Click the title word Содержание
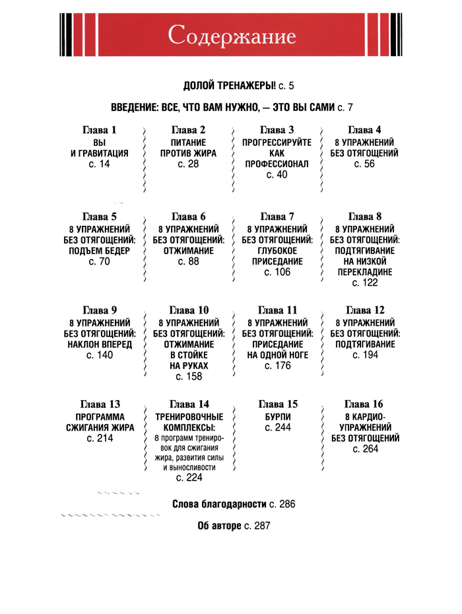[231, 35]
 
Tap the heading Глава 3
[277, 129]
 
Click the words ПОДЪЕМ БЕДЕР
[100, 251]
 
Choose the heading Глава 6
[189, 216]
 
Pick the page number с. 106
[277, 272]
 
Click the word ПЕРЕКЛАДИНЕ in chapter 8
[364, 272]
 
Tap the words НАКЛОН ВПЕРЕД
[100, 344]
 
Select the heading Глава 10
[189, 310]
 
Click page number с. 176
[277, 366]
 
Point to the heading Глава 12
[364, 310]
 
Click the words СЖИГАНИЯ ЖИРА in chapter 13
[100, 427]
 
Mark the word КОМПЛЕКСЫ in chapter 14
[189, 427]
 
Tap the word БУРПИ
[277, 417]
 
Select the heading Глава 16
[364, 403]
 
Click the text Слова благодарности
[219, 504]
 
